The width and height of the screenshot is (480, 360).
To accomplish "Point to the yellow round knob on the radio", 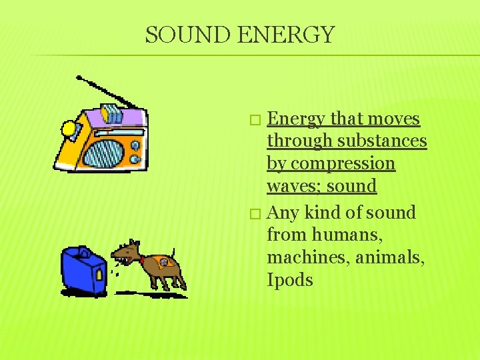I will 69,127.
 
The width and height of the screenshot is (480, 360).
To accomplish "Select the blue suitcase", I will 83,270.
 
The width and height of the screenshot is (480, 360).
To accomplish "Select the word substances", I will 382,141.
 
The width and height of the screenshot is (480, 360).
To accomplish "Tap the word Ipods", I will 290,280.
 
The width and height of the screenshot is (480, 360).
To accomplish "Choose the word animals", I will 388,257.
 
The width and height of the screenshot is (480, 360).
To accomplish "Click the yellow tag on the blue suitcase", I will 99,273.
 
